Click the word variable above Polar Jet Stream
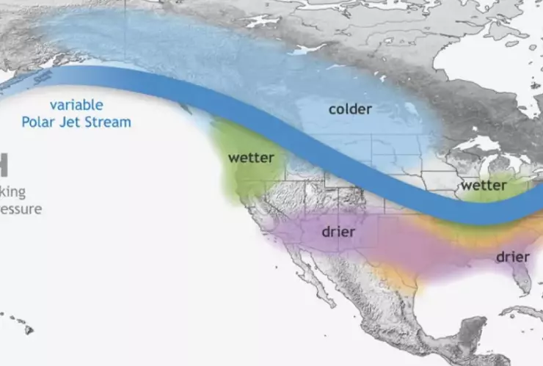coord(77,105)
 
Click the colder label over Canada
coord(350,109)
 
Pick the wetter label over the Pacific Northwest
coord(251,157)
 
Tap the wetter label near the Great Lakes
coord(484,186)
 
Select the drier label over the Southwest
coord(338,232)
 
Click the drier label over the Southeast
coord(512,257)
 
